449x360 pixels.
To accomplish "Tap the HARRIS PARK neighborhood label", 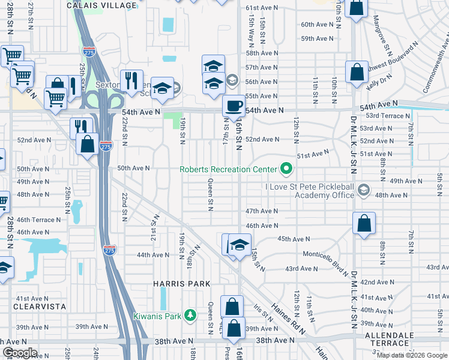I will tap(181, 284).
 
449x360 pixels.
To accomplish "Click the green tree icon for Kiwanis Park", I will tap(190, 315).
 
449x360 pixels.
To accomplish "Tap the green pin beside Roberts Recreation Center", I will tap(286, 169).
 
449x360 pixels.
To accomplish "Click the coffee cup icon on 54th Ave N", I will tap(234, 106).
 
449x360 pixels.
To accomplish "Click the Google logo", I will tap(19, 353).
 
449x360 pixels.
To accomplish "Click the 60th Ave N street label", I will tap(317, 25).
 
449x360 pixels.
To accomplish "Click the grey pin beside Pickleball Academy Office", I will tap(363, 190).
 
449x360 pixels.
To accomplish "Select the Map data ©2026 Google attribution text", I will tap(412, 355).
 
